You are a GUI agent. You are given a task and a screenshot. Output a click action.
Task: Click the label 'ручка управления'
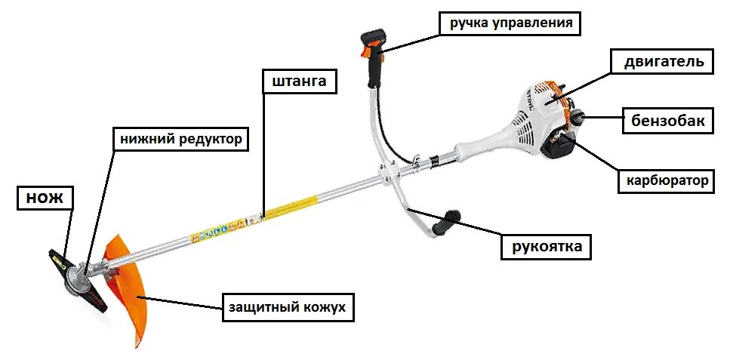511,23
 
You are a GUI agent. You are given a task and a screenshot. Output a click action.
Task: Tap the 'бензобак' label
667,120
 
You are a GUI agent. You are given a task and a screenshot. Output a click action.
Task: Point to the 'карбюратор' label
668,180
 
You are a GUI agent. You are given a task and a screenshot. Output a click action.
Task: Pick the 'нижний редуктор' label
181,139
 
